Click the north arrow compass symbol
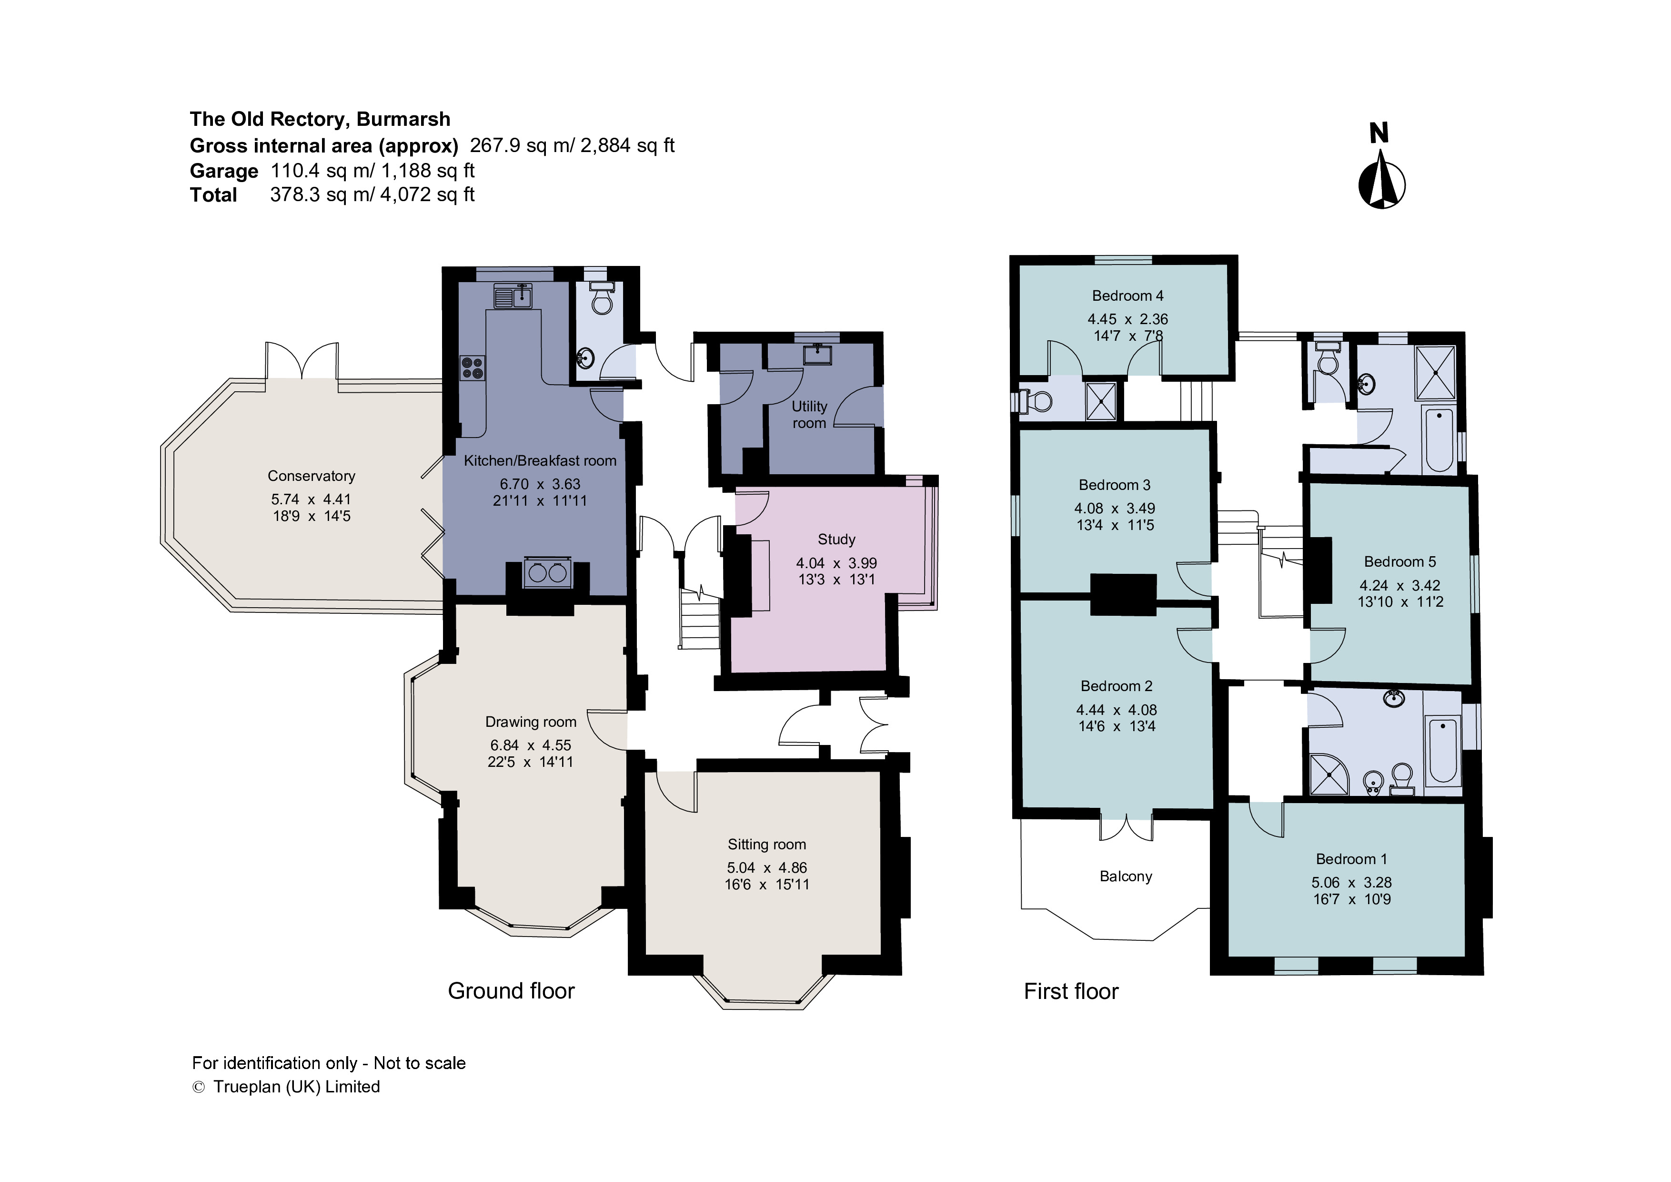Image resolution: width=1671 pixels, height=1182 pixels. pos(1381,181)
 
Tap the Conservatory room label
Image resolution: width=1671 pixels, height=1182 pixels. pos(312,476)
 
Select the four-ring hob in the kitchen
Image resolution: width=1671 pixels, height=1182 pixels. pos(473,368)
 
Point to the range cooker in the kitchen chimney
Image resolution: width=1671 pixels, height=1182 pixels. pos(548,573)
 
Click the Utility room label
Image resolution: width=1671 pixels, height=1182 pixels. pos(809,414)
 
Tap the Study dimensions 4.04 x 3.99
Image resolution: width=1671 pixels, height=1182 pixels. pos(836,563)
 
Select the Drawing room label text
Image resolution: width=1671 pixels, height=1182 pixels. pos(531,722)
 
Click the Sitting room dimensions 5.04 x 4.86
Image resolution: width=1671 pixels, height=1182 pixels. pos(766,867)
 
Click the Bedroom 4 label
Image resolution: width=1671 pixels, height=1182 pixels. pos(1127,295)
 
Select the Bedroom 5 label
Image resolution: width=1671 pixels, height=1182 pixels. pos(1399,561)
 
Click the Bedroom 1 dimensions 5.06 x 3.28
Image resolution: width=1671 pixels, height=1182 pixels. pos(1351,882)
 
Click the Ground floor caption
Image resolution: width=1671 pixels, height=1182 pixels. pos(511,990)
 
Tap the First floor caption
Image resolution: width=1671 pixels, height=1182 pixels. pos(1071,991)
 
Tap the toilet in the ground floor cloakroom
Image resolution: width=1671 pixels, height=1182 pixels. pos(602,298)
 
